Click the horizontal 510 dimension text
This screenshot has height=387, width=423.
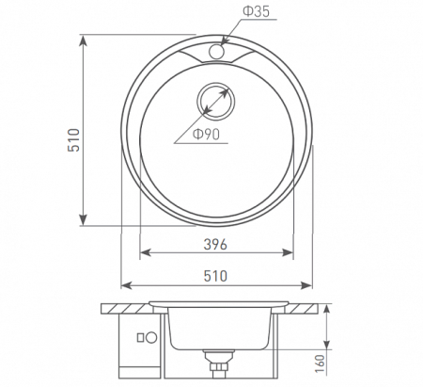click(217, 275)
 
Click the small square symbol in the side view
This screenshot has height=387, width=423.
click(140, 337)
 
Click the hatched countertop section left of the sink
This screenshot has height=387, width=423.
click(127, 307)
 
